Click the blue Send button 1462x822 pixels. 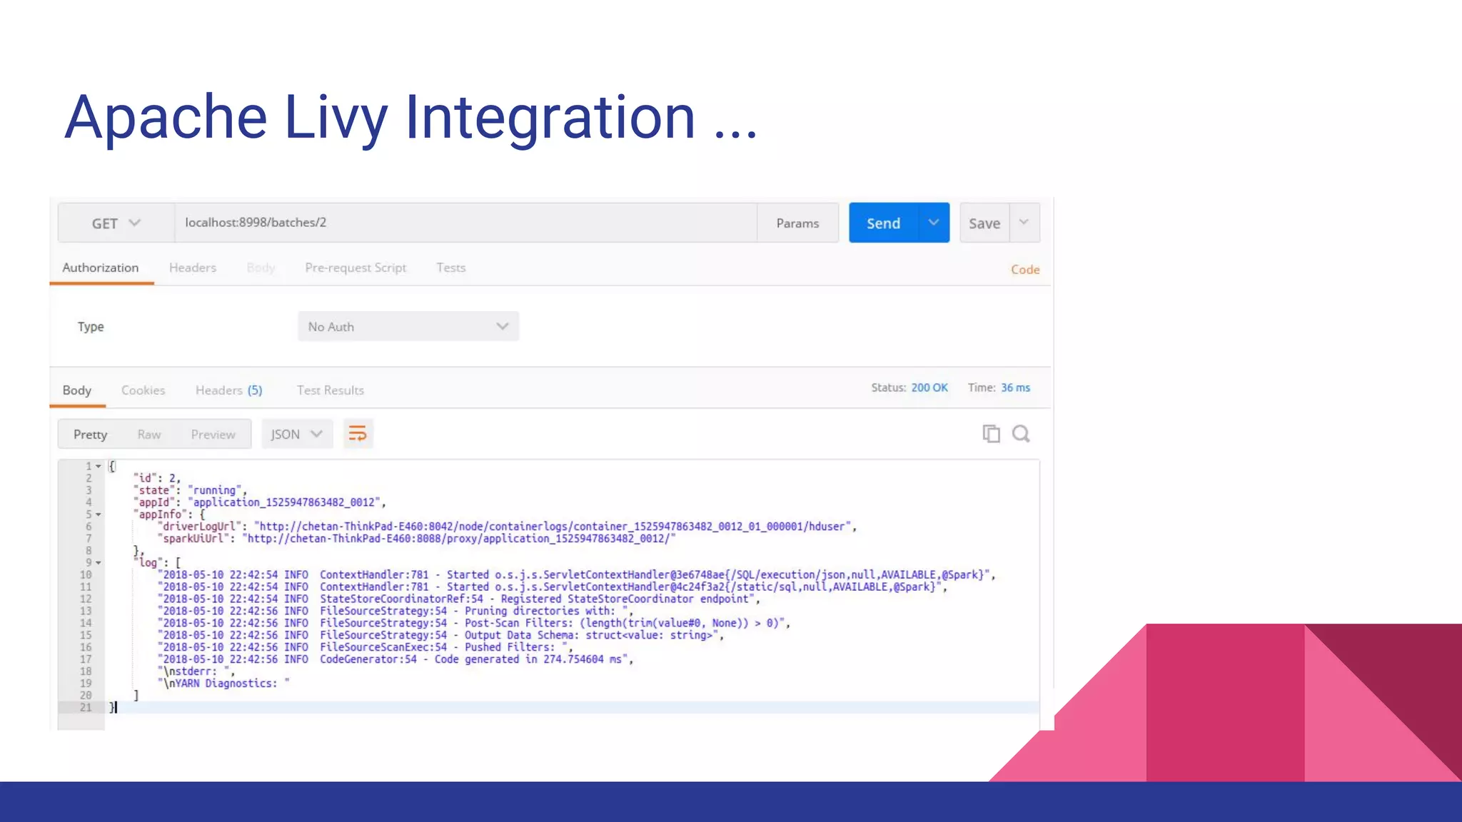pos(884,223)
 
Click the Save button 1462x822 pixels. pos(984,223)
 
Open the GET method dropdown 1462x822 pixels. pos(116,223)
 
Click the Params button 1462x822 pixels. pos(797,223)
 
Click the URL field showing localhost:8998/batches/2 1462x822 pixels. pos(464,223)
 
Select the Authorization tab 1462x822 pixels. pos(101,268)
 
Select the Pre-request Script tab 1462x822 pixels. pos(356,268)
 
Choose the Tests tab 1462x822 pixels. pos(451,268)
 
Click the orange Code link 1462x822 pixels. pos(1025,270)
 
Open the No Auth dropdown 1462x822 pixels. pos(408,327)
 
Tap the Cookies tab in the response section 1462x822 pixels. pos(143,390)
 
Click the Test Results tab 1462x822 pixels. pos(331,390)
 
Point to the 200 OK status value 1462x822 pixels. pos(929,387)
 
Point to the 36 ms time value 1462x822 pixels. pos(1015,387)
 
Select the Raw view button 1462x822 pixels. pos(149,435)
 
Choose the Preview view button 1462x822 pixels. pos(213,435)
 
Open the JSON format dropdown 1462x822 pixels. pos(297,435)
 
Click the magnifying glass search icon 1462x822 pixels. pos(1021,434)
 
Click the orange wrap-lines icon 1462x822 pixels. pos(358,434)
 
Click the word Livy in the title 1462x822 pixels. pos(336,118)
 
